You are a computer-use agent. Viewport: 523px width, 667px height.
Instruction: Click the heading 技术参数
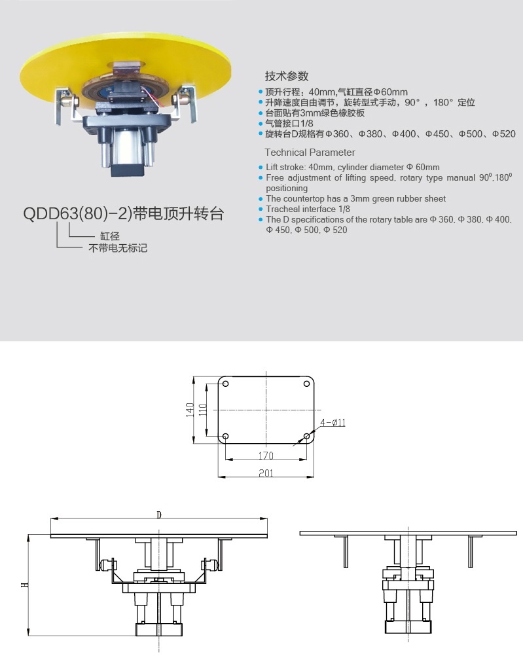[286, 75]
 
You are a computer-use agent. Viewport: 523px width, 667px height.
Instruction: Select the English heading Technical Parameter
[310, 153]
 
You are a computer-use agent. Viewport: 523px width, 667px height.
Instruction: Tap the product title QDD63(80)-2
[124, 214]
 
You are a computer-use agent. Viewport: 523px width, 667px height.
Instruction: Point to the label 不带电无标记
[118, 249]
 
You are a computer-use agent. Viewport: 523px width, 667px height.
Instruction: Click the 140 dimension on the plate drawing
[190, 410]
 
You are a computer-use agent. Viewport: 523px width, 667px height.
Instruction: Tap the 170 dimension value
[266, 454]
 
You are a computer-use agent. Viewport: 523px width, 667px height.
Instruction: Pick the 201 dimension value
[266, 473]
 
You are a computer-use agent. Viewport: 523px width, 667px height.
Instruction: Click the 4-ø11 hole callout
[334, 423]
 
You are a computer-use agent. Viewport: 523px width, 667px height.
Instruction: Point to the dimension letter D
[159, 514]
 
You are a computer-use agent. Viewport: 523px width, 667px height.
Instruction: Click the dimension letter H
[24, 585]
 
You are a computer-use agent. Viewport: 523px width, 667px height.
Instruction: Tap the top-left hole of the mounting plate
[225, 383]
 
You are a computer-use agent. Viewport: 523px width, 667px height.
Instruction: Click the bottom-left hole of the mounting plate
[225, 436]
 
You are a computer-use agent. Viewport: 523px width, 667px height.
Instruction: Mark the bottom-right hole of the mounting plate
[307, 436]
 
